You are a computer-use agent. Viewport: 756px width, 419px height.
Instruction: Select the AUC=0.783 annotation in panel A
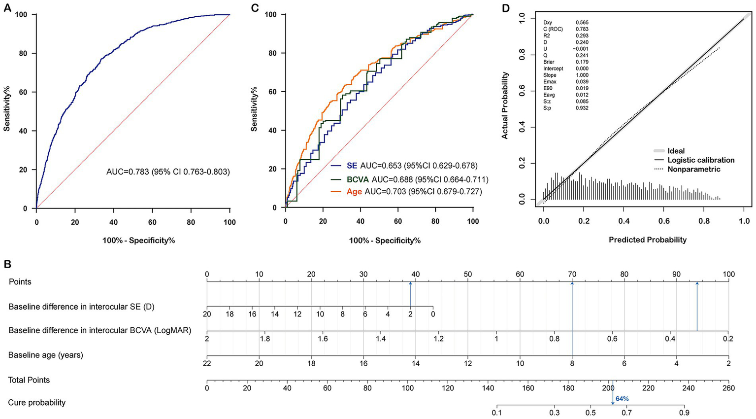[x=168, y=172]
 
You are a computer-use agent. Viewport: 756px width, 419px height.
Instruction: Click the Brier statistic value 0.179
[x=582, y=62]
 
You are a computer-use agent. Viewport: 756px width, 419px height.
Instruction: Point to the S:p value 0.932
[x=582, y=108]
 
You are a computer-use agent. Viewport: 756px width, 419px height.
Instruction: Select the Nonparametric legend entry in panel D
[x=693, y=169]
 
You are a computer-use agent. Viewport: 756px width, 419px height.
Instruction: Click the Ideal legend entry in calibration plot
[x=676, y=151]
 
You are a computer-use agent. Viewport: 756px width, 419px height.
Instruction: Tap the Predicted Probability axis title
[x=647, y=240]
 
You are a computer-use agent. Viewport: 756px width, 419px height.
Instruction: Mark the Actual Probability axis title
[x=505, y=105]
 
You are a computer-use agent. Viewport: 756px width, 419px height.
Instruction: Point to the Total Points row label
[x=29, y=380]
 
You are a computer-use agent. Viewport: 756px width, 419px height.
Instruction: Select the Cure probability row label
[x=37, y=403]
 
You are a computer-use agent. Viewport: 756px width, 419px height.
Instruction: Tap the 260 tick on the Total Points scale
[x=728, y=388]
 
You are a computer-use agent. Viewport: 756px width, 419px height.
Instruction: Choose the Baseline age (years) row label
[x=46, y=355]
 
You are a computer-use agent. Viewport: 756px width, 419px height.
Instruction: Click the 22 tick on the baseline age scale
[x=207, y=363]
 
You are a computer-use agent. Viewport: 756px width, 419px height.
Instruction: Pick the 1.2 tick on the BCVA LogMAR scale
[x=438, y=339]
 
